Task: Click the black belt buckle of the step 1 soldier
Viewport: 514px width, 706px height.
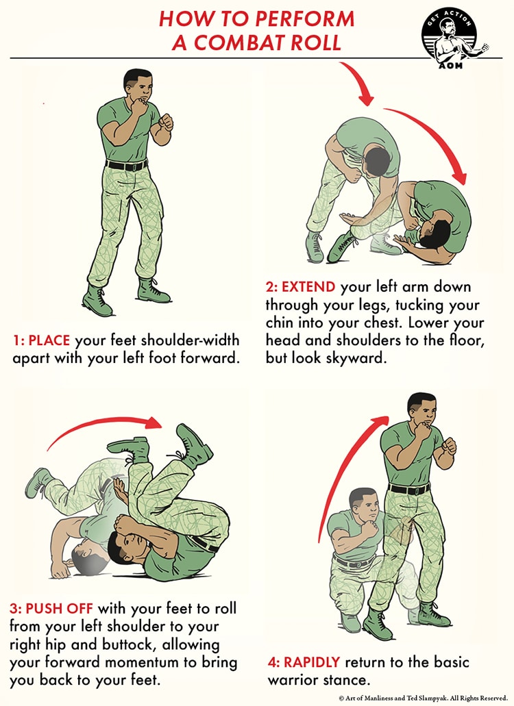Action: pos(127,166)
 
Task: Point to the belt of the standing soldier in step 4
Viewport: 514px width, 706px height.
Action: pos(409,489)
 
